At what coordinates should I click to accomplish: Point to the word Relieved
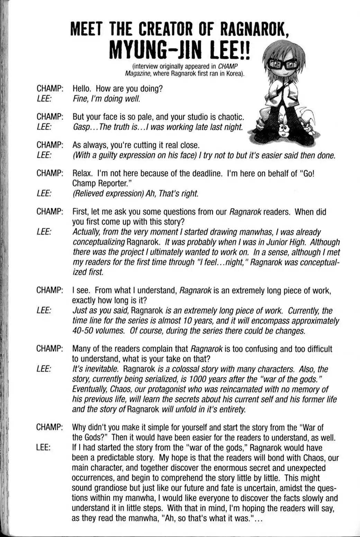click(x=88, y=193)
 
